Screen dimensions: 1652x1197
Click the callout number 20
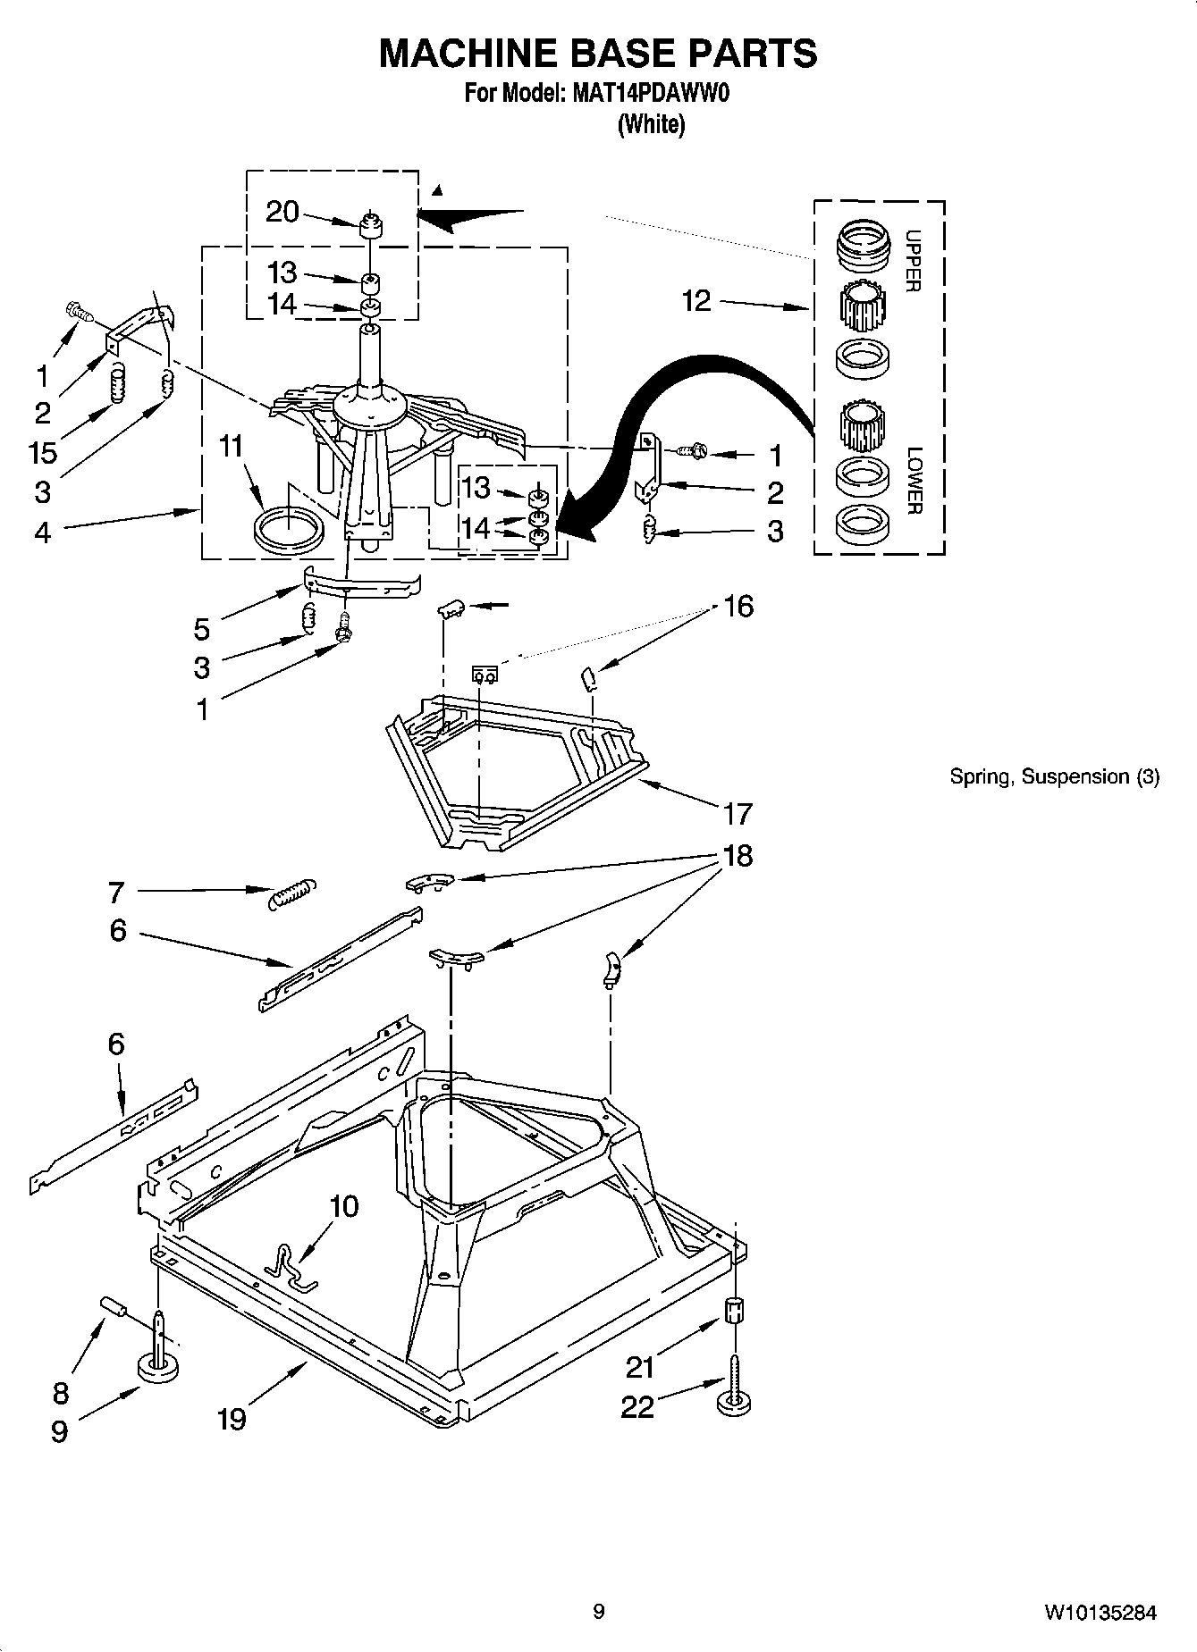[282, 212]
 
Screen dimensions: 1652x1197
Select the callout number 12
[695, 301]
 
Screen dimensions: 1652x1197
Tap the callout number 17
[738, 814]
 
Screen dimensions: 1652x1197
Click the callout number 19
[232, 1418]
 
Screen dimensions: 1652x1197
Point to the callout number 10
[344, 1206]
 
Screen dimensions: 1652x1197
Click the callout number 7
[116, 892]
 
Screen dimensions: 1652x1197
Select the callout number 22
[637, 1407]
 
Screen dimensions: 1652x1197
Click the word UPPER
[913, 261]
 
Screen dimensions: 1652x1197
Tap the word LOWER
[913, 481]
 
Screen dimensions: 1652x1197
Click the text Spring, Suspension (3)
[1054, 776]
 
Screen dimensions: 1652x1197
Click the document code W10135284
[1100, 1613]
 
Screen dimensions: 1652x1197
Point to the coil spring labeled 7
[291, 893]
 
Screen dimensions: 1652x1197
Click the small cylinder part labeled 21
[733, 1312]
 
